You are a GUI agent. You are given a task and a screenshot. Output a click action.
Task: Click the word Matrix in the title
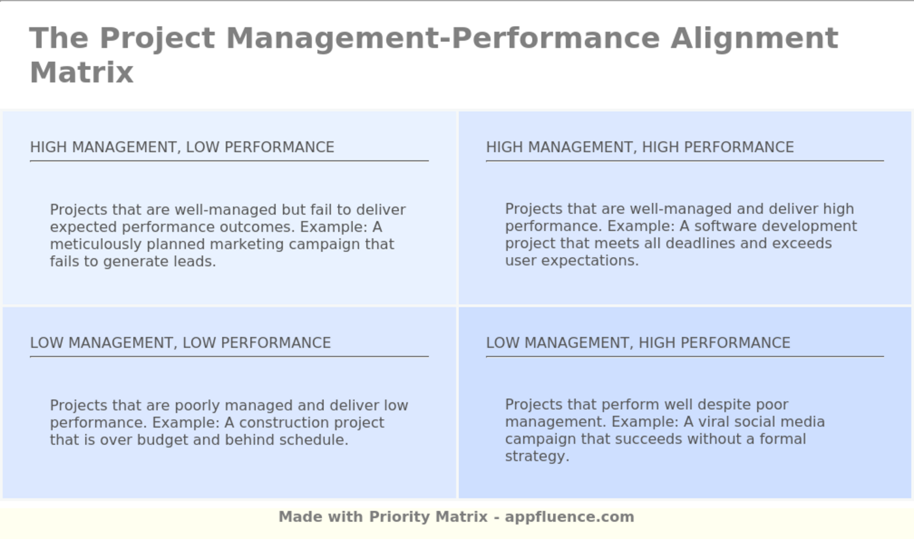click(x=82, y=72)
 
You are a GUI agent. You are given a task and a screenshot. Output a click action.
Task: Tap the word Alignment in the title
click(x=754, y=38)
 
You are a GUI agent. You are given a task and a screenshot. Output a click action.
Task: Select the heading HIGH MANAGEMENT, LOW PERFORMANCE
click(x=182, y=147)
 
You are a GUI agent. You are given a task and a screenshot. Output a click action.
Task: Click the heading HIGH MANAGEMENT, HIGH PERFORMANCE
click(x=640, y=147)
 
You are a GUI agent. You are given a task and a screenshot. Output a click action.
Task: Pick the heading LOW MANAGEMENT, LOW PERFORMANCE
click(x=180, y=343)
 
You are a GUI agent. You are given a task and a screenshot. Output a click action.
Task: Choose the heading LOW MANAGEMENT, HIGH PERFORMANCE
click(x=638, y=343)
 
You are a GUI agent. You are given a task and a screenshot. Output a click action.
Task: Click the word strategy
click(x=537, y=456)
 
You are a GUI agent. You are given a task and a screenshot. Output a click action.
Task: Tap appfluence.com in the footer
click(x=569, y=517)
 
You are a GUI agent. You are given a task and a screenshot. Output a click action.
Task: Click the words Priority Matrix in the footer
click(x=428, y=517)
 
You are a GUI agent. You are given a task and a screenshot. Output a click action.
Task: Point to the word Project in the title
click(x=157, y=38)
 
